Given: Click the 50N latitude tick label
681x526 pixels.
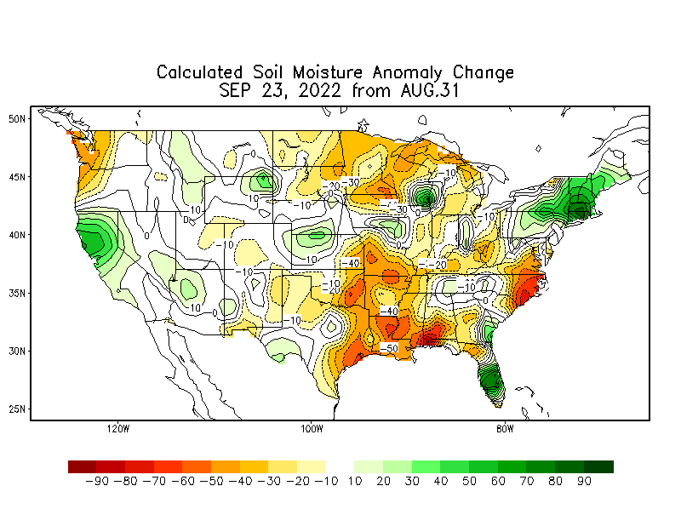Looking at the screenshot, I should (x=17, y=118).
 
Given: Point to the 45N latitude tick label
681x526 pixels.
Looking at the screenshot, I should (x=17, y=176).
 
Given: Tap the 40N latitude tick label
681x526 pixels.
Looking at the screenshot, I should (x=17, y=234).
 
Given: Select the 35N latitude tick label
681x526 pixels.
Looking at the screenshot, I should (x=17, y=292).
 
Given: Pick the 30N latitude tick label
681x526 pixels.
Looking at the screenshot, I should (x=17, y=350).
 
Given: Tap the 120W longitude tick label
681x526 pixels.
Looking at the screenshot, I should (x=117, y=428).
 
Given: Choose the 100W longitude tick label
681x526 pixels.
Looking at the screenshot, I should (x=312, y=428).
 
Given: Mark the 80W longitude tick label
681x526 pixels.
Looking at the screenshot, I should (x=504, y=428).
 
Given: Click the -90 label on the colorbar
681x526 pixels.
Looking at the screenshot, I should (x=97, y=482).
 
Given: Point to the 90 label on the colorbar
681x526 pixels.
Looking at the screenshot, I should (x=583, y=482).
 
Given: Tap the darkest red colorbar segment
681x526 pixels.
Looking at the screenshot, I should (x=83, y=466).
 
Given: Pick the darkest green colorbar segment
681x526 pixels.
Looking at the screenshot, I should (x=598, y=466).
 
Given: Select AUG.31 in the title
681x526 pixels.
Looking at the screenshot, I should (x=423, y=91).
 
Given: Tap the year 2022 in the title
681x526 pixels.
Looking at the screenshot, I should (x=317, y=91).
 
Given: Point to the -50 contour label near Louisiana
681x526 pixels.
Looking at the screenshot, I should (x=389, y=349).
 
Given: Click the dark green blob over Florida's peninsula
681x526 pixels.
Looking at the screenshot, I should (x=489, y=380).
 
